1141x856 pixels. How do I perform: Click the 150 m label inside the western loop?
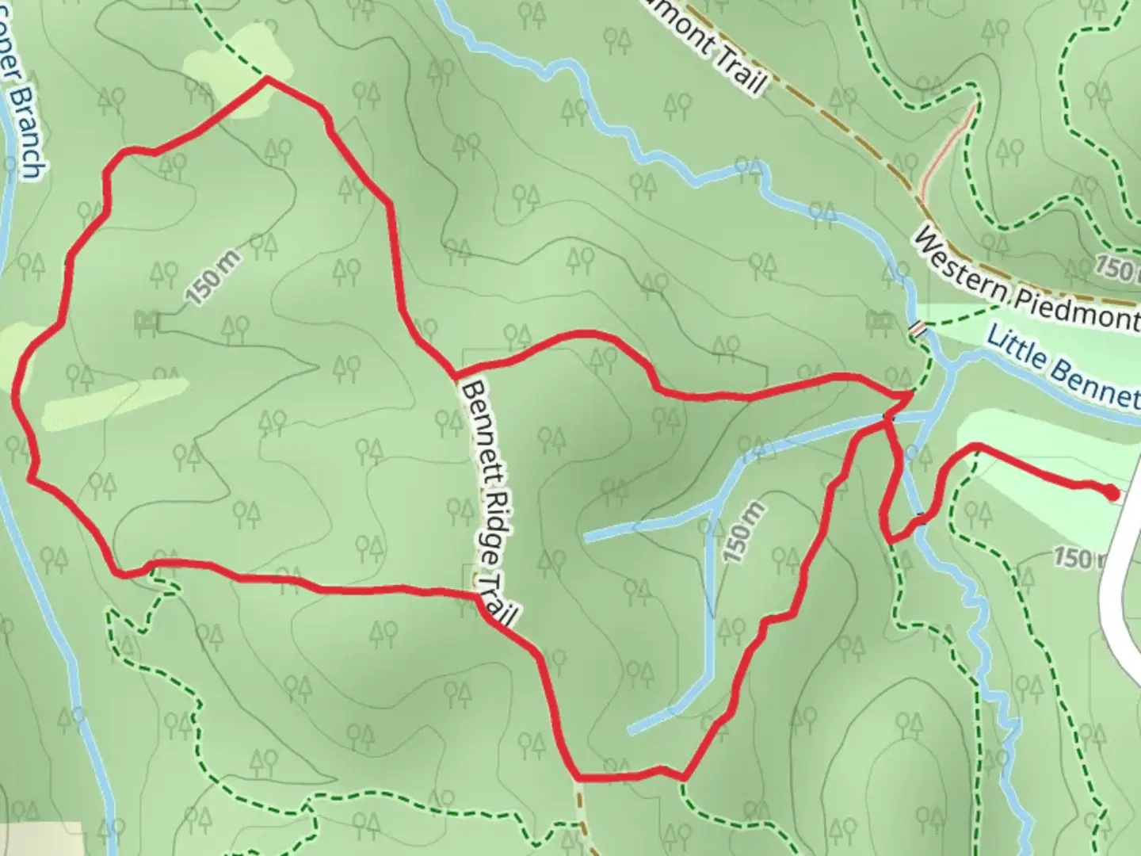[x=213, y=277]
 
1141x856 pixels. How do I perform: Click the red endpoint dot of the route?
[x=1113, y=494]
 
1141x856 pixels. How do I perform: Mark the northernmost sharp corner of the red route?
[x=266, y=78]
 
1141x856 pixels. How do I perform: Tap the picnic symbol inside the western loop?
[x=147, y=320]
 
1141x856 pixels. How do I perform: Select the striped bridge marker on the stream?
[x=918, y=328]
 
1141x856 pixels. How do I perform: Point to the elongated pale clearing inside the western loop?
[x=116, y=403]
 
